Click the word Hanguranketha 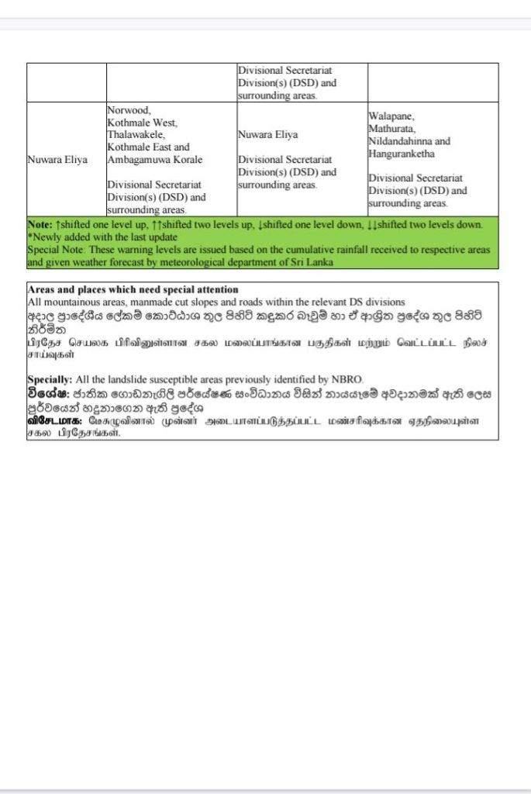402,154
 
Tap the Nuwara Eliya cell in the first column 57,160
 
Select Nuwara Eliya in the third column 267,135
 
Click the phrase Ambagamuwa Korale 155,160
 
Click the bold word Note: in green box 40,225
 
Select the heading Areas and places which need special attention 133,289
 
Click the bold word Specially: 50,379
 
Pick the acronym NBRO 347,379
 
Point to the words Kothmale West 143,123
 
